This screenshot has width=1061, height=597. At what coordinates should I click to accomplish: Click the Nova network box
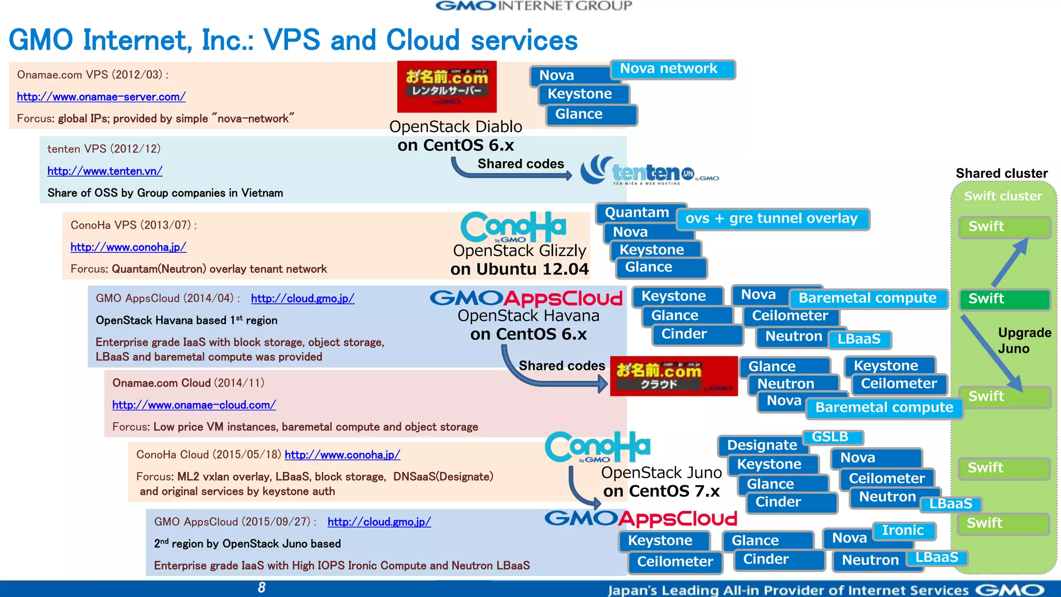tap(672, 69)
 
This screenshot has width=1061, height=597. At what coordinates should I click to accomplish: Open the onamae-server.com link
tap(101, 96)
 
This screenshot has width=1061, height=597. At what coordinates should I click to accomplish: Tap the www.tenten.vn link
tap(105, 170)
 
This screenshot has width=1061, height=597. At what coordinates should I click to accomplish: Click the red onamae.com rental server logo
tap(447, 86)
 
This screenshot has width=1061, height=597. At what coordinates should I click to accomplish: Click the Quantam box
tap(637, 212)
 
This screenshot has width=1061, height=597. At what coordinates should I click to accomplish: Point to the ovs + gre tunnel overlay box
tap(772, 219)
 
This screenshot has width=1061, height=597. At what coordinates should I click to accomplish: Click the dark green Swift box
tap(1004, 299)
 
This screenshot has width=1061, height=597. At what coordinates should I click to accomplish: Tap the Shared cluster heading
tap(1001, 173)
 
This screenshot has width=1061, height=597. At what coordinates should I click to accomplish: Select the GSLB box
tap(831, 437)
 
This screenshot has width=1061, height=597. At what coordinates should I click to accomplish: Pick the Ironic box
tap(903, 530)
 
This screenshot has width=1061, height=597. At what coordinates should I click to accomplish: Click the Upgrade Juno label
tap(1023, 340)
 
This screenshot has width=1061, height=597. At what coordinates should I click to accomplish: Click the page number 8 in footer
tap(262, 587)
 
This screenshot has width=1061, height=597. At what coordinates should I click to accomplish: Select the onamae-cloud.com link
tap(194, 405)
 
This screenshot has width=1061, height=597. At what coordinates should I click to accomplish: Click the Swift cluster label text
tap(1002, 196)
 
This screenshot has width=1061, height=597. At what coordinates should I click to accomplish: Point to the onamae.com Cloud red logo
tap(673, 376)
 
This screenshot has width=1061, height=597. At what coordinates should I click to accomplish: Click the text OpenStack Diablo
tap(455, 126)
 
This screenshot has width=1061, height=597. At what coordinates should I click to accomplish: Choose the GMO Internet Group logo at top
tap(534, 6)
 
